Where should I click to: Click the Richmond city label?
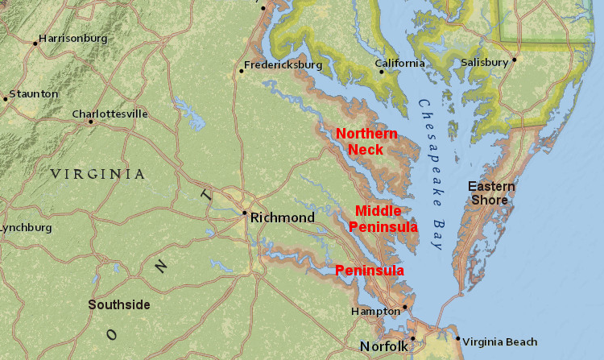point(283,217)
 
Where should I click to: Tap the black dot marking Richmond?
point(245,213)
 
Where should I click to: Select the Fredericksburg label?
point(283,64)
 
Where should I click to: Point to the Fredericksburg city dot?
point(241,71)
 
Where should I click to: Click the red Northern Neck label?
point(366,141)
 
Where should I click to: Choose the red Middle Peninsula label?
point(383,218)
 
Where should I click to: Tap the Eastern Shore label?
point(491,193)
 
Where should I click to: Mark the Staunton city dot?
point(6,99)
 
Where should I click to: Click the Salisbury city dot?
point(514,59)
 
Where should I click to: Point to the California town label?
point(400,64)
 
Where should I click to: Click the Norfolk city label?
point(383,346)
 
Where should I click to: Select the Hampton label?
point(375,311)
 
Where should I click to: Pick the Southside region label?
point(119,304)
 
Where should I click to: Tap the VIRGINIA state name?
point(97,174)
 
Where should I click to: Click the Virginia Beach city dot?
point(457,338)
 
